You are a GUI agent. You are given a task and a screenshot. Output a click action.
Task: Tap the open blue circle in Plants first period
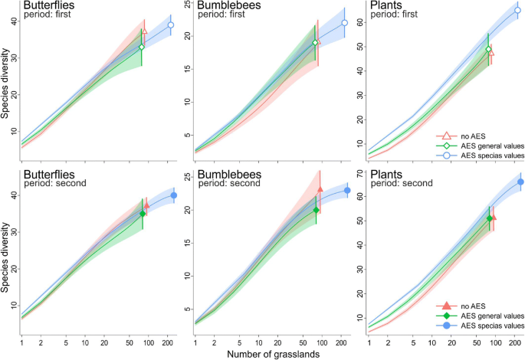(517, 10)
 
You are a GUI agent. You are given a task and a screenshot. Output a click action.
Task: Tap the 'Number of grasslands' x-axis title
(274, 353)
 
